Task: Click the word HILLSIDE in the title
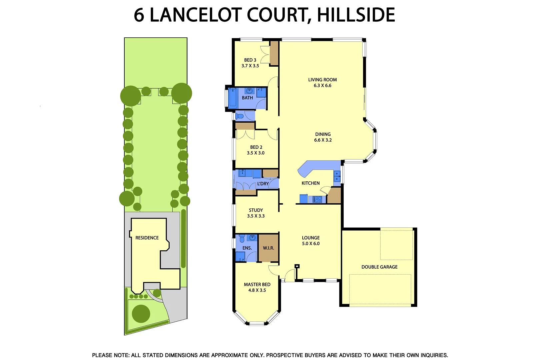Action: click(356, 15)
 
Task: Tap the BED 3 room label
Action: click(250, 60)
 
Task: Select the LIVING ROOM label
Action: click(322, 80)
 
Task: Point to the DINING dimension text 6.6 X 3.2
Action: click(323, 140)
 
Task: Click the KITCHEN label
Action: click(310, 183)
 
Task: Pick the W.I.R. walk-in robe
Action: click(268, 248)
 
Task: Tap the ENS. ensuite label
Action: click(247, 248)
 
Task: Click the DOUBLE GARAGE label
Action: click(379, 267)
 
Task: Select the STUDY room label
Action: click(256, 210)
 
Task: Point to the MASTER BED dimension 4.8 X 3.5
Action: click(257, 290)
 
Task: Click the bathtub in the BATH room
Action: click(232, 98)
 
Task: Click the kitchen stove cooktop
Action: click(317, 199)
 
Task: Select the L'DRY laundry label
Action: click(263, 184)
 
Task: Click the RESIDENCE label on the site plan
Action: click(147, 238)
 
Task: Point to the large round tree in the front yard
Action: click(141, 313)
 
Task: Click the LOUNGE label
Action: click(311, 238)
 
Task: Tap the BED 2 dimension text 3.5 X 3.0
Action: click(256, 153)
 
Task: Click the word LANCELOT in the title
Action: click(195, 15)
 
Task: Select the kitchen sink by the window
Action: click(337, 176)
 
